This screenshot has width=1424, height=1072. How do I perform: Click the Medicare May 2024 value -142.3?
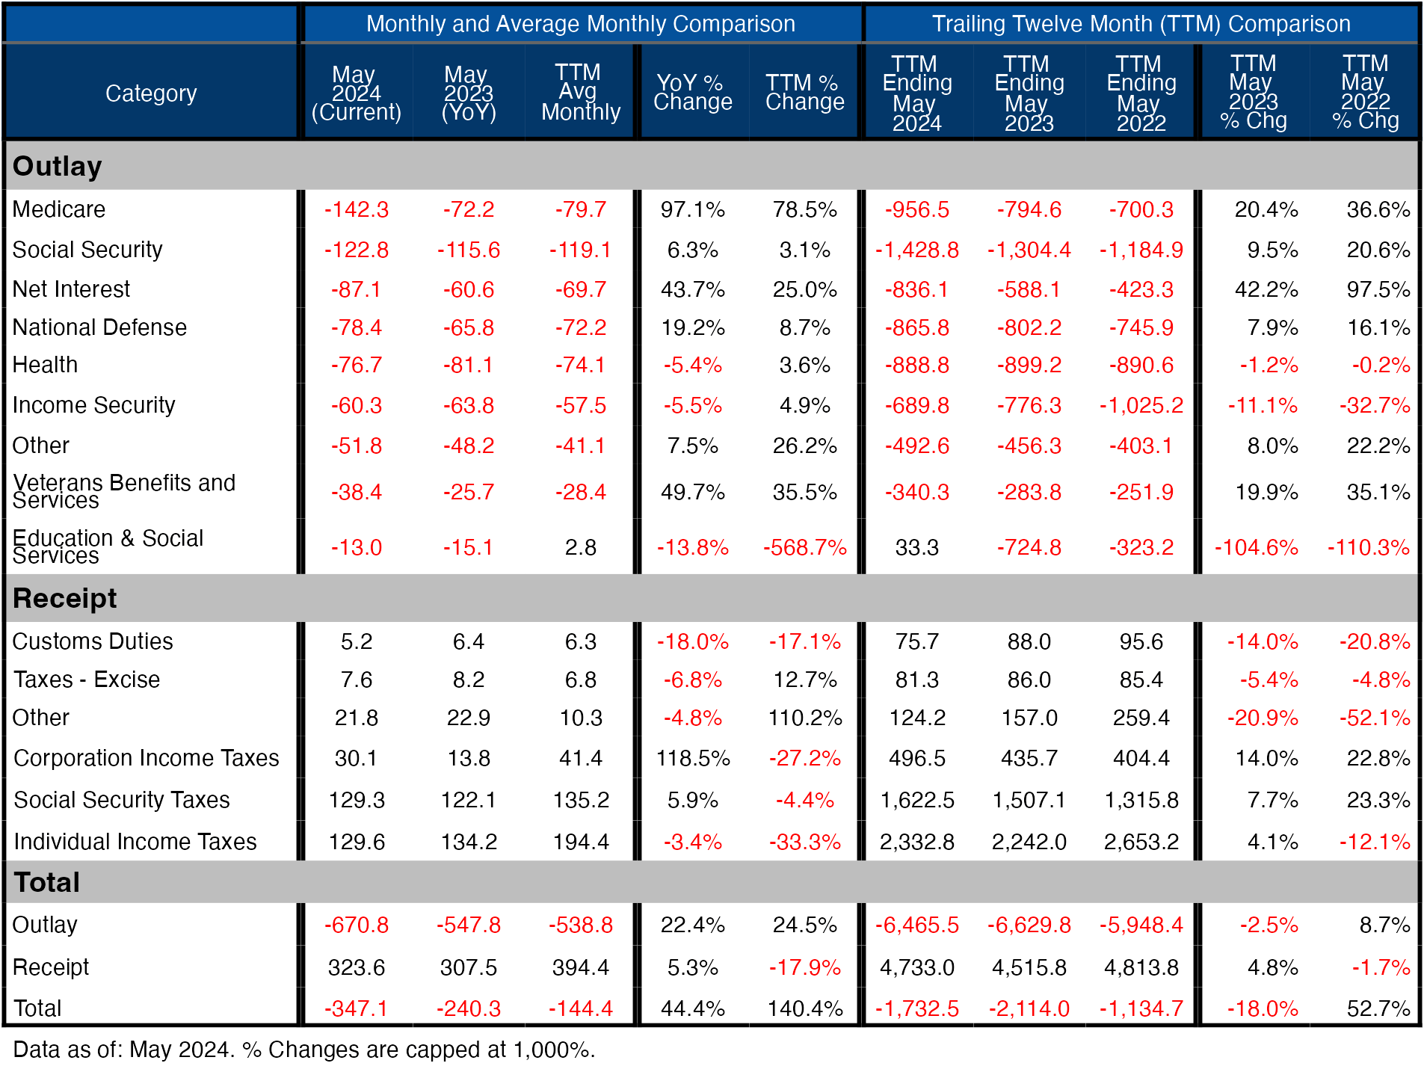click(356, 209)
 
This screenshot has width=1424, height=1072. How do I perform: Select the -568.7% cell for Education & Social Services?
click(804, 548)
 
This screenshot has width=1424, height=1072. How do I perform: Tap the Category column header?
click(151, 93)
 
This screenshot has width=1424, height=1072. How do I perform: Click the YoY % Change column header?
click(692, 93)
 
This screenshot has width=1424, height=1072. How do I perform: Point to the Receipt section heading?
click(65, 598)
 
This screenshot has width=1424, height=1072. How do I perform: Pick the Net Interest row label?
click(71, 289)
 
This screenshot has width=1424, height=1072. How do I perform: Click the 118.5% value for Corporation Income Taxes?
click(692, 758)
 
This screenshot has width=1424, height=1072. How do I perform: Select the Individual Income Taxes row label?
click(135, 842)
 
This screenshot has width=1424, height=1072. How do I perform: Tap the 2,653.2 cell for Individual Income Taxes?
click(1141, 842)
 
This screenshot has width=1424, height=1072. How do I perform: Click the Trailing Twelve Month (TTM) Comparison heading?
click(1141, 24)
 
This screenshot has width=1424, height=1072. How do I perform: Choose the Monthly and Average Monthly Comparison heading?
click(580, 24)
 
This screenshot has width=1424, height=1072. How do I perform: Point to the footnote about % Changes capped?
click(303, 1050)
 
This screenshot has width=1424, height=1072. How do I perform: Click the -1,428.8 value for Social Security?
click(916, 250)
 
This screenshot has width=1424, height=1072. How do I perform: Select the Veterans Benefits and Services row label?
click(124, 492)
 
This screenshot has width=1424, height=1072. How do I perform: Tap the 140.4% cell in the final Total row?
click(804, 1008)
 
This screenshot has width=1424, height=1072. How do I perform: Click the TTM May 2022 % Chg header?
click(1365, 93)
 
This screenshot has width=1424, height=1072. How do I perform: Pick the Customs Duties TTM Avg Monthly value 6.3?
click(580, 641)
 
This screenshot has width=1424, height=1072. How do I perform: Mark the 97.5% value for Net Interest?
click(1378, 289)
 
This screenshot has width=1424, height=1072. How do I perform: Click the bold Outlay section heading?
click(58, 166)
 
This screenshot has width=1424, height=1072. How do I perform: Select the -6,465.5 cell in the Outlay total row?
click(916, 925)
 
